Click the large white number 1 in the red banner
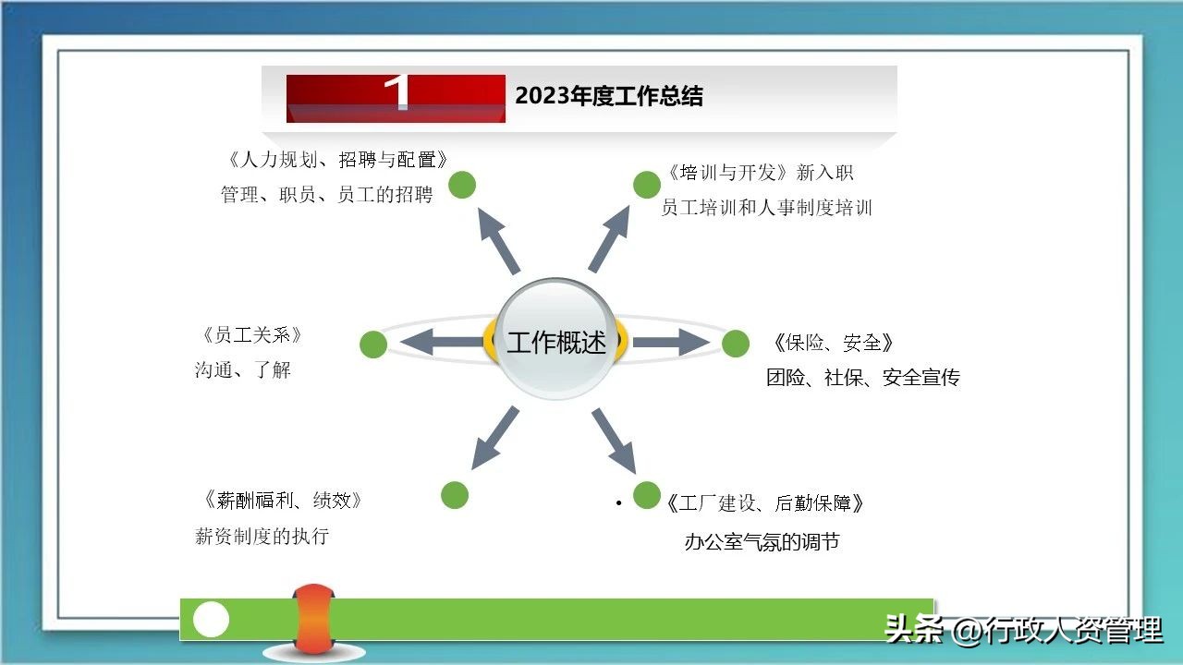[397, 93]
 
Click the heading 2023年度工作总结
[608, 96]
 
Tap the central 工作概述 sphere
[556, 341]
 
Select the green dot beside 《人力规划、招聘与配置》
[462, 185]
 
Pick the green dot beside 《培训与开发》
[647, 185]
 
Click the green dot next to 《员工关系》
[373, 345]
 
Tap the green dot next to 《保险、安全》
[736, 344]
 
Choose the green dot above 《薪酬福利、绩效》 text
[455, 495]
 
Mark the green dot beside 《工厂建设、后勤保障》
[647, 495]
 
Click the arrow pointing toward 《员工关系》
[442, 343]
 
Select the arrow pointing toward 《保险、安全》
[669, 343]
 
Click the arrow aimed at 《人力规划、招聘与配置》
[499, 240]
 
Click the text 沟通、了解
[243, 370]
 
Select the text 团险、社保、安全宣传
[862, 378]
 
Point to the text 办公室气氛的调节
[762, 542]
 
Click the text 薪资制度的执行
[262, 536]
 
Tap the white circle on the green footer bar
[211, 620]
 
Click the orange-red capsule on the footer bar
[313, 619]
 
